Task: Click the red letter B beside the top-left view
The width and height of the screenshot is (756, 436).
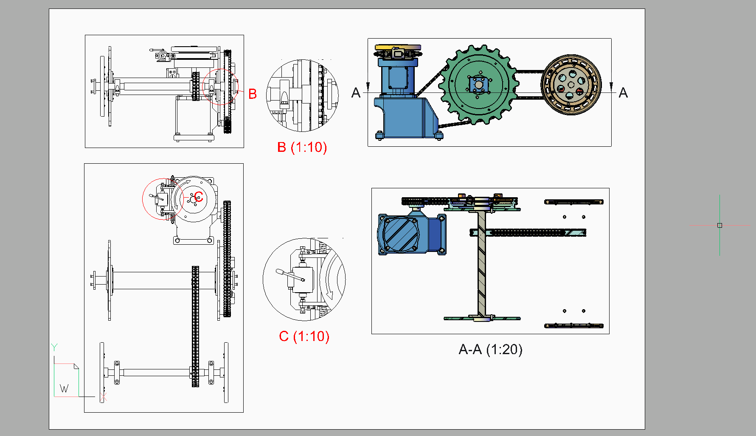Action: click(253, 94)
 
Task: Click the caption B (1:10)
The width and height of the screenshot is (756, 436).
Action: click(302, 147)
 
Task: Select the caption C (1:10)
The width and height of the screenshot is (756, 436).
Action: click(304, 336)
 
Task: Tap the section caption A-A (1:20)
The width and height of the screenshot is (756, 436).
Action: click(491, 349)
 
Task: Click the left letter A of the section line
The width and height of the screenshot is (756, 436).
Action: click(356, 92)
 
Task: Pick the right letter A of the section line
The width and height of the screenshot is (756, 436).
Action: click(623, 92)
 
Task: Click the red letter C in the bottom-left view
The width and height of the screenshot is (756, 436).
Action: click(199, 197)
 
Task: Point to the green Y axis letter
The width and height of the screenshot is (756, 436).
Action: click(54, 347)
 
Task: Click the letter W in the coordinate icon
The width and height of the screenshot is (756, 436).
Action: click(64, 388)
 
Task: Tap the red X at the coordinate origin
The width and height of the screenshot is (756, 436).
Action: click(103, 397)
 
